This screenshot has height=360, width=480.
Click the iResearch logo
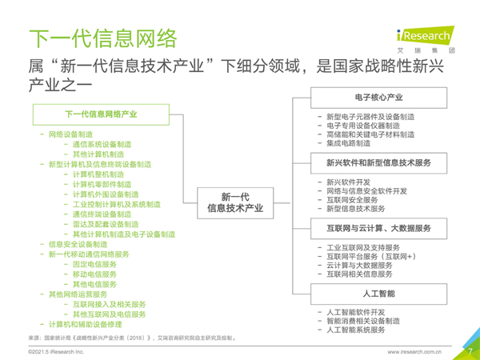pos(426,39)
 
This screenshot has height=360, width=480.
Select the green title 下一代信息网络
pos(103,38)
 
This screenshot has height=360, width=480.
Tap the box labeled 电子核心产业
pos(378,98)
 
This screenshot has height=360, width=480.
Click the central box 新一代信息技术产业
pos(235,203)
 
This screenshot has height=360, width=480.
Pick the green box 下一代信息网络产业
pos(101,114)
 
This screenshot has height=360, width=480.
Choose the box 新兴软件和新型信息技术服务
pos(378,163)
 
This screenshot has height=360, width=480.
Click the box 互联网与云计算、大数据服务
pos(378,229)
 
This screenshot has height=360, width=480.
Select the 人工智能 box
pos(378,294)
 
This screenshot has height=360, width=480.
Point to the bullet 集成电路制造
pos(348,143)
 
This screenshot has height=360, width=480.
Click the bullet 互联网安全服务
pos(352,200)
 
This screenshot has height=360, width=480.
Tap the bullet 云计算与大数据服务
pos(359,266)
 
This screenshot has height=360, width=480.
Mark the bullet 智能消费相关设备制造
pos(363,321)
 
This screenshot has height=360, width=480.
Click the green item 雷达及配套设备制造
pos(106,224)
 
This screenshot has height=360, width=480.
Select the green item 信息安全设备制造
pos(78,244)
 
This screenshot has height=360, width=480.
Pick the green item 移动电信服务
pos(94,274)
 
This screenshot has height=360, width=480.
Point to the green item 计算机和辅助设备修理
pos(86,325)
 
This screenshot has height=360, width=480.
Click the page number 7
pos(470,351)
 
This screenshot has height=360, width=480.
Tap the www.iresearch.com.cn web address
pos(414,352)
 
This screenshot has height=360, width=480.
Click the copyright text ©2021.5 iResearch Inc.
pos(56,352)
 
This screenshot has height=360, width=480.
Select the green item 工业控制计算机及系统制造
pos(117,205)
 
